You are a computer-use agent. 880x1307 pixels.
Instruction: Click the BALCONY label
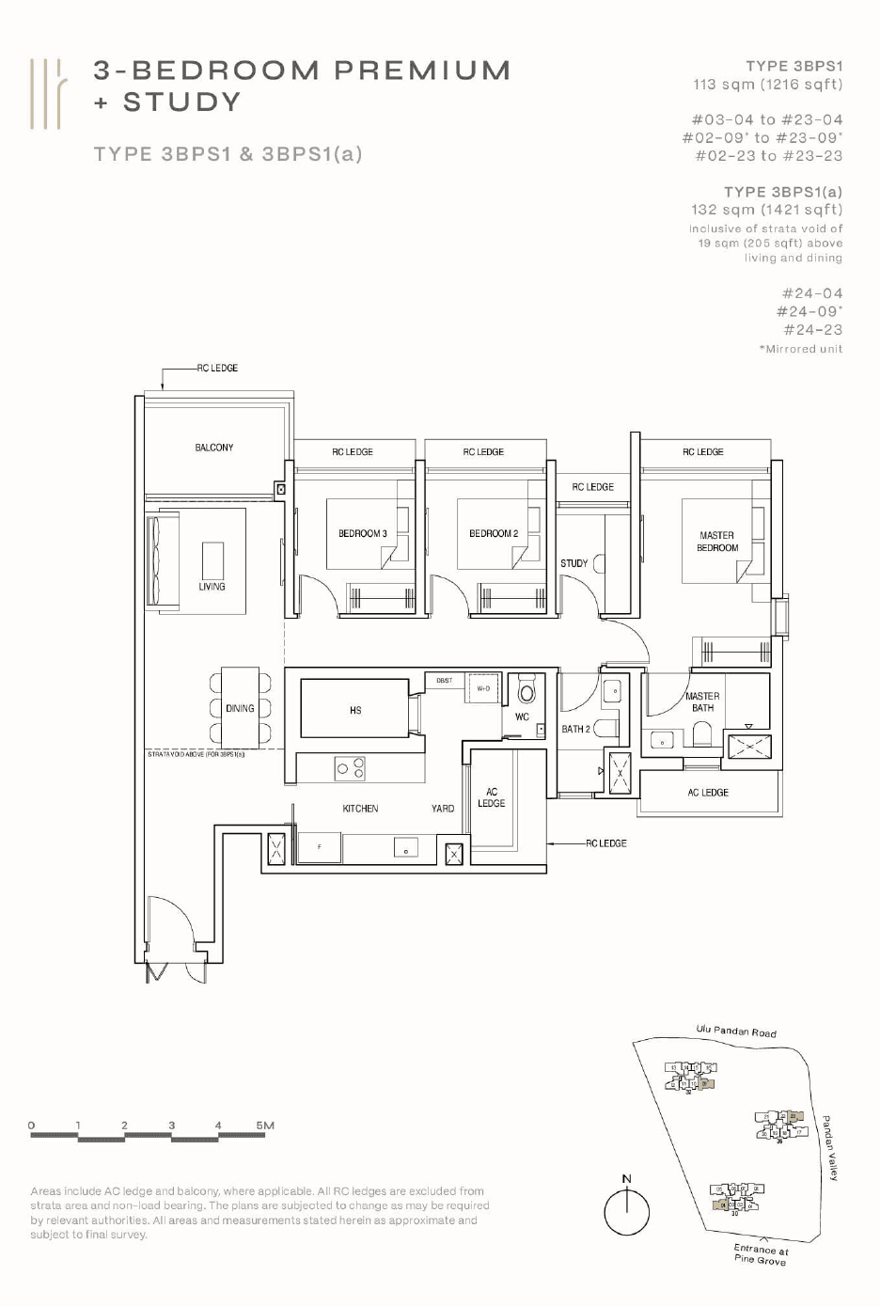pyautogui.click(x=214, y=448)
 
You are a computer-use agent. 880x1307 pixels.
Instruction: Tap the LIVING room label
pyautogui.click(x=212, y=587)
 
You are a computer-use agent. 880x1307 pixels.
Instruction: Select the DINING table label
pyautogui.click(x=240, y=708)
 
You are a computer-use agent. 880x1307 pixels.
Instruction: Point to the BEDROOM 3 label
pyautogui.click(x=362, y=533)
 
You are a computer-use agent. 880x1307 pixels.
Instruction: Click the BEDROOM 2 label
pyautogui.click(x=493, y=533)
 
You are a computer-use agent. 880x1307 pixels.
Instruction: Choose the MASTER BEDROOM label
pyautogui.click(x=716, y=542)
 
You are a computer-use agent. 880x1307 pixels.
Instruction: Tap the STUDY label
pyautogui.click(x=574, y=563)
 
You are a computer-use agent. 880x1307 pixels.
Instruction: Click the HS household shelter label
pyautogui.click(x=355, y=710)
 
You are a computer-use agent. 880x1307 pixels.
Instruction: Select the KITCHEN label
pyautogui.click(x=360, y=809)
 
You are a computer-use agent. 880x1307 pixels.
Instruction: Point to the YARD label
pyautogui.click(x=442, y=809)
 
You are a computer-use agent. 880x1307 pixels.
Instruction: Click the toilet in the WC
pyautogui.click(x=526, y=691)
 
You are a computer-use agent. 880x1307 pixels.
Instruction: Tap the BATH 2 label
pyautogui.click(x=575, y=729)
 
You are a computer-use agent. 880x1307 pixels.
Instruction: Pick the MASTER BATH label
pyautogui.click(x=702, y=702)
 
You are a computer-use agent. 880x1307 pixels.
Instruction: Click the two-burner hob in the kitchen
pyautogui.click(x=350, y=769)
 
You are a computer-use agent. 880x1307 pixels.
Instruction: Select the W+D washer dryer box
pyautogui.click(x=483, y=688)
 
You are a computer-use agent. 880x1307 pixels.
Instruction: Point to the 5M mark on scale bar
pyautogui.click(x=265, y=1126)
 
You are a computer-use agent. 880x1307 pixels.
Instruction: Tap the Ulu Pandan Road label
pyautogui.click(x=736, y=1031)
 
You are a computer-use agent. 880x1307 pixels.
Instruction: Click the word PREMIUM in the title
pyautogui.click(x=422, y=71)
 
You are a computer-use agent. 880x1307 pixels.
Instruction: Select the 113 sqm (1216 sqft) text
pyautogui.click(x=767, y=85)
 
